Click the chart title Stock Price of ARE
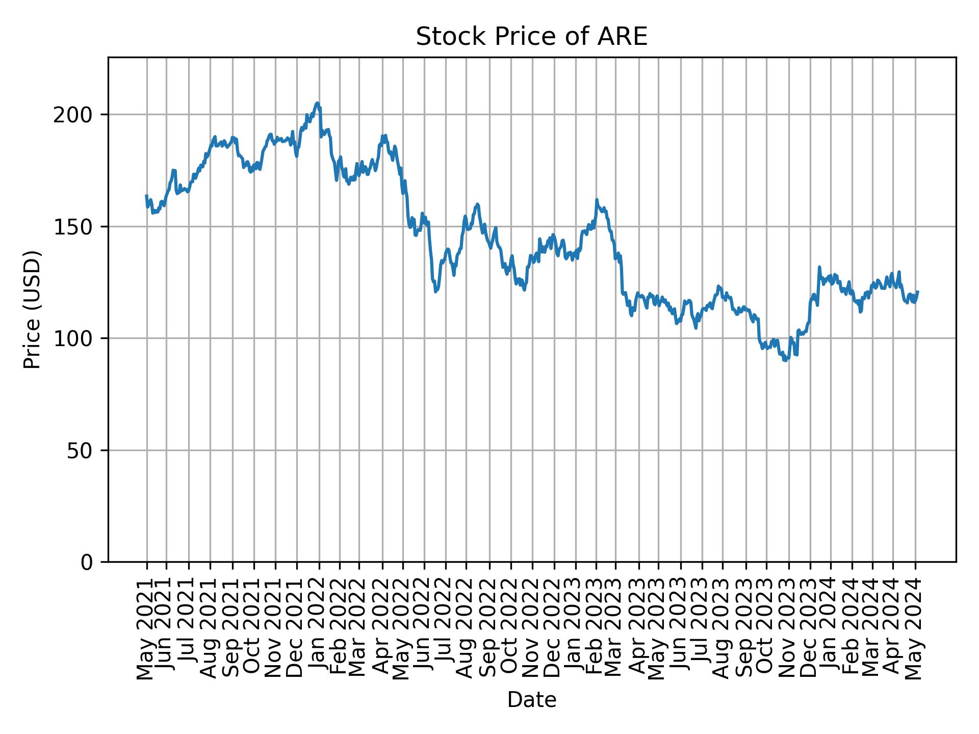pos(531,37)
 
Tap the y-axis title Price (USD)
pos(32,309)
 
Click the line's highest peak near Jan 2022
pos(317,103)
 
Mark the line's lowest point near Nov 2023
pos(785,360)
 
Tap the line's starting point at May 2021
pos(146,196)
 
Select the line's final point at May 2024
pos(918,292)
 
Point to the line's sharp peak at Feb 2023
pos(597,200)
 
